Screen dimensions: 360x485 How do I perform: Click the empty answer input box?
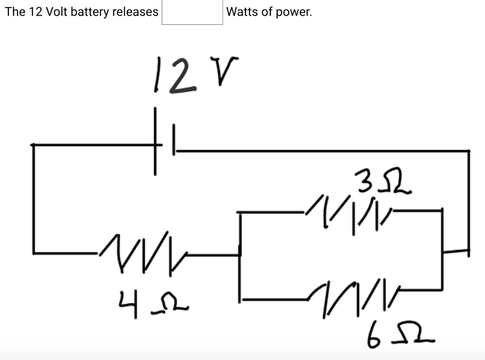pyautogui.click(x=192, y=12)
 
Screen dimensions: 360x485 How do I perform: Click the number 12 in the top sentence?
pyautogui.click(x=36, y=12)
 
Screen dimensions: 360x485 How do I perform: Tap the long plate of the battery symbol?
pyautogui.click(x=155, y=142)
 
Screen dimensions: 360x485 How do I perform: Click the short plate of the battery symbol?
pyautogui.click(x=174, y=139)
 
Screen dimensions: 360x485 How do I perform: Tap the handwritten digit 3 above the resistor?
pyautogui.click(x=362, y=183)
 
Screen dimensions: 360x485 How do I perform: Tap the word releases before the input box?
pyautogui.click(x=135, y=12)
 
